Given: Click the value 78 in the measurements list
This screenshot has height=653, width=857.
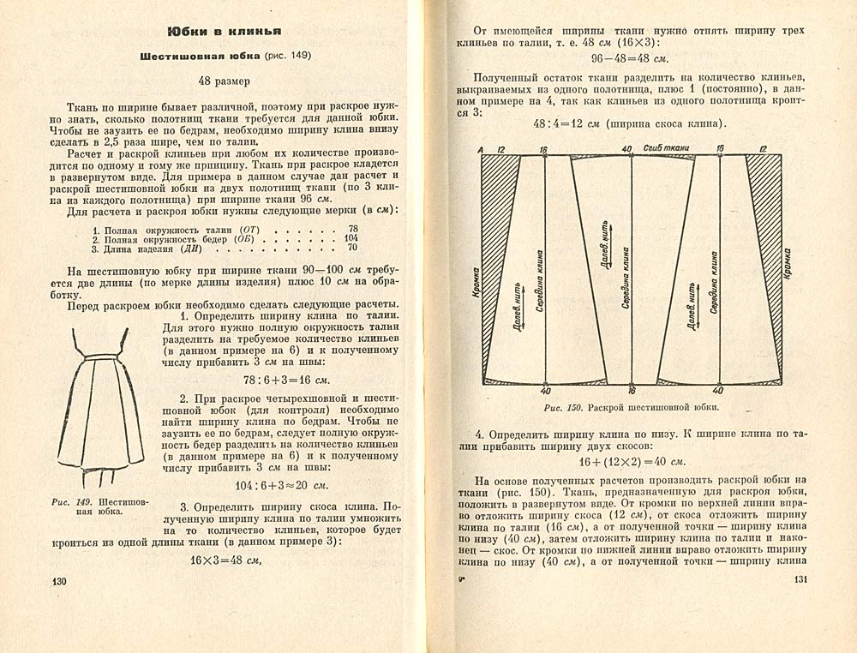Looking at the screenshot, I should (353, 228).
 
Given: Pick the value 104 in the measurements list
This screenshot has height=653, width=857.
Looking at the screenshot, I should (351, 238).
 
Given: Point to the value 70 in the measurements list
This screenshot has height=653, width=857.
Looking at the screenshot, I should (353, 249).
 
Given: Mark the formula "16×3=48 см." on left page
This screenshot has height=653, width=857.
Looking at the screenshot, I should (224, 560).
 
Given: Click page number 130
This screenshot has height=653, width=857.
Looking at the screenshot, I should (59, 582).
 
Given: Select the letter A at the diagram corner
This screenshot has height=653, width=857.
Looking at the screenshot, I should (482, 150).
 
